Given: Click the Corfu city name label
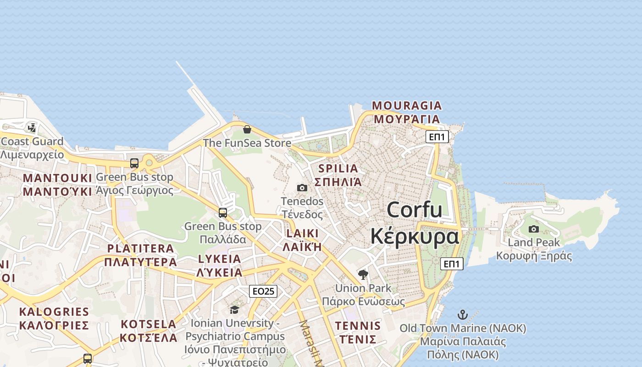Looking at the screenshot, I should (x=415, y=223).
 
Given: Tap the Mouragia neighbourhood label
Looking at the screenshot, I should (x=407, y=112).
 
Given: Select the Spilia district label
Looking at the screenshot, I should (x=338, y=175).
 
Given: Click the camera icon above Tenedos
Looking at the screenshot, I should (x=302, y=188).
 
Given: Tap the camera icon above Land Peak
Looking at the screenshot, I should (x=534, y=229).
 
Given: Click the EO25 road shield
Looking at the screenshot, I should (x=263, y=291).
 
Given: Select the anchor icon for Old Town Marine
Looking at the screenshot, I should (x=463, y=315).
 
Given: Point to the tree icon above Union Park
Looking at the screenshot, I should (x=363, y=275).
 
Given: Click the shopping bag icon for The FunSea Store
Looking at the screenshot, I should (x=247, y=129).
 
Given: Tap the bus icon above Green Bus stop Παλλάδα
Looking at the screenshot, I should (x=223, y=213).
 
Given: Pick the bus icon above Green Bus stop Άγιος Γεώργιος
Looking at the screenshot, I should (x=134, y=163).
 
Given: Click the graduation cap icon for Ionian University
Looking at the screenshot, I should (x=235, y=310).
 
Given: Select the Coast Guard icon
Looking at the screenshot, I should (x=32, y=128).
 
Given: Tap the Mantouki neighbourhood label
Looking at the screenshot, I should (x=58, y=184).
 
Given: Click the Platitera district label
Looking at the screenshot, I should (x=140, y=255).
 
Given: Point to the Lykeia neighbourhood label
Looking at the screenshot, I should (x=220, y=266).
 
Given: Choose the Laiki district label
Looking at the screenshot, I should (x=302, y=240).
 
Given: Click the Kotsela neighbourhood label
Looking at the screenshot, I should (x=149, y=331).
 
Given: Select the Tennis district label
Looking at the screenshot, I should (x=358, y=333).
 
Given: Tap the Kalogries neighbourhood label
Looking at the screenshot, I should (x=54, y=318).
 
